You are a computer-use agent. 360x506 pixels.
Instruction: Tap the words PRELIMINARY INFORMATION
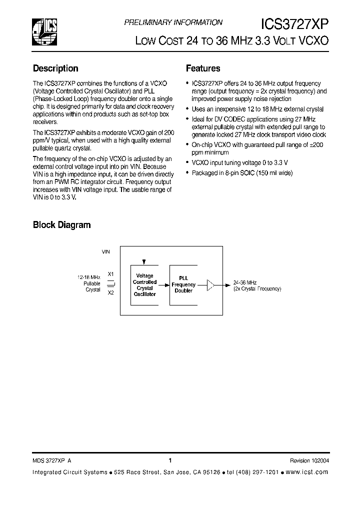click(x=173, y=22)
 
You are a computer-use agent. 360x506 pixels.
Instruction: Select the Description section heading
click(x=55, y=68)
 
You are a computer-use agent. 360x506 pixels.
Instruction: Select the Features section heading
click(x=203, y=68)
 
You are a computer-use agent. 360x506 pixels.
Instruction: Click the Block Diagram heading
click(x=61, y=225)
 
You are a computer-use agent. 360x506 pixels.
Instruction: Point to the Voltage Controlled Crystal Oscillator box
click(x=144, y=285)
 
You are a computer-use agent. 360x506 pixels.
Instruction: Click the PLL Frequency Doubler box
click(x=183, y=285)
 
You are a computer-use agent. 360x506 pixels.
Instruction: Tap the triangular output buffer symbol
click(x=210, y=285)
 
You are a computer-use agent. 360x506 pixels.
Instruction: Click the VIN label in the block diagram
click(x=105, y=252)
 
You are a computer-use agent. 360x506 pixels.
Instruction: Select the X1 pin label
click(x=111, y=274)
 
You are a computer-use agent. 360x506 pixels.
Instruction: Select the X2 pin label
click(x=111, y=293)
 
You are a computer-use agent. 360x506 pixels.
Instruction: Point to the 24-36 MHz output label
click(x=244, y=282)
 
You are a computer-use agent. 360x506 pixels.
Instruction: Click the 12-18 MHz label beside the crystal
click(x=89, y=276)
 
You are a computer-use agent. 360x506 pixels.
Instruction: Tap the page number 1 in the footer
click(x=170, y=460)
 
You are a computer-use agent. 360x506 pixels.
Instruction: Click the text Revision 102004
click(x=309, y=461)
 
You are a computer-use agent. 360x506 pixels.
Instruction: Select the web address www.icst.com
click(x=308, y=472)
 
